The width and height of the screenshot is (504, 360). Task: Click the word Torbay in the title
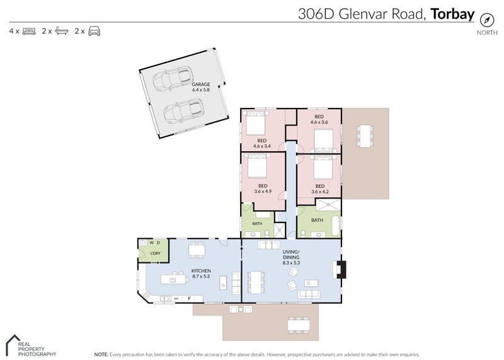[x=452, y=15]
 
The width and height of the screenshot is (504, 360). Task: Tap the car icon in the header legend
[x=94, y=30]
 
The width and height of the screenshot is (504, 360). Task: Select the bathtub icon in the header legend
[x=62, y=30]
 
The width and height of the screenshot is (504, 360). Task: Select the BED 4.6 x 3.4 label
[x=261, y=143]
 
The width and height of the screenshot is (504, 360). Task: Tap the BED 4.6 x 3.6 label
[x=319, y=119]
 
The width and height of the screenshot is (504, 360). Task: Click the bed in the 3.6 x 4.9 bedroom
[x=258, y=167]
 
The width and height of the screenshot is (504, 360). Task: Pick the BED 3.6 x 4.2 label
[x=319, y=189]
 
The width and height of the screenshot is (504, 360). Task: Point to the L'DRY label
[x=149, y=253]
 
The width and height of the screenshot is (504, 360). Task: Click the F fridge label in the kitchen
[x=190, y=298]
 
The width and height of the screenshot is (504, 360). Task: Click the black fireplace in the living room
[x=340, y=269]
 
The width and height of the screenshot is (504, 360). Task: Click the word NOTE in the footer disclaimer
[x=101, y=354]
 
